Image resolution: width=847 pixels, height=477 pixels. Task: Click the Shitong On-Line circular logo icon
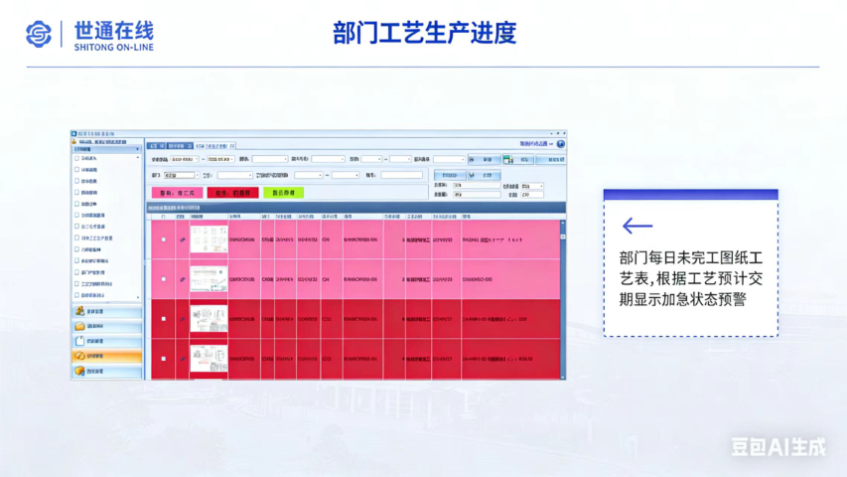(x=38, y=34)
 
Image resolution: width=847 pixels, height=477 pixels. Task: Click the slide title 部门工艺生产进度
(x=424, y=33)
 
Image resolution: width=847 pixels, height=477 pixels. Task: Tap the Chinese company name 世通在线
(x=114, y=27)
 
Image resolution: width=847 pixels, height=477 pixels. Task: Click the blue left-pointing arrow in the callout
(x=636, y=228)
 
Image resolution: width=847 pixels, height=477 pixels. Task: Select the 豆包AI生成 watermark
(x=778, y=446)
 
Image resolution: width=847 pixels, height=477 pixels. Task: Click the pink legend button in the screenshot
(x=177, y=193)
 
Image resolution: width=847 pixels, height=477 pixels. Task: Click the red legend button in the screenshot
(x=232, y=193)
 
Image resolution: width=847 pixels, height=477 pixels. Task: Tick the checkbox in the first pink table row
(x=164, y=239)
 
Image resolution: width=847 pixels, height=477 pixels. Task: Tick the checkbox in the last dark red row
(x=164, y=359)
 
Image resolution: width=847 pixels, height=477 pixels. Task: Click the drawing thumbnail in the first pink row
(x=209, y=239)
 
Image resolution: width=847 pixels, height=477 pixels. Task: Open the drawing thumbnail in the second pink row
(x=209, y=279)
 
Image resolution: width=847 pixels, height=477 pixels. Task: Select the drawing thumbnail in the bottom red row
(x=209, y=359)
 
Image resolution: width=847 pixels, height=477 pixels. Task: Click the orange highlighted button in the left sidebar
(x=106, y=356)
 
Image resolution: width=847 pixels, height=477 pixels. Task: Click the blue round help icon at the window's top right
(x=561, y=145)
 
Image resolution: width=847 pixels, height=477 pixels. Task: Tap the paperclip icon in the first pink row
(x=182, y=239)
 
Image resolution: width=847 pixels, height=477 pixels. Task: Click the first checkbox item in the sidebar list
(x=77, y=158)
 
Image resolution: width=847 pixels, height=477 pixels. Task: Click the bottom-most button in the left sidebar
(x=106, y=371)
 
